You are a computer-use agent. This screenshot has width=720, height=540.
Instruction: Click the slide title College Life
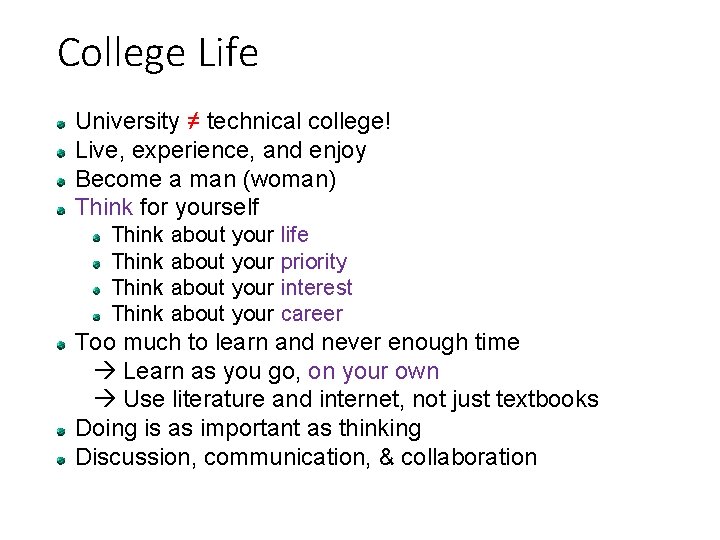[158, 52]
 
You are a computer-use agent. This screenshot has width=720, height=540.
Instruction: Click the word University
[125, 122]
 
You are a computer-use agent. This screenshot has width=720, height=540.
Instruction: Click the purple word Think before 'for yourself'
[104, 208]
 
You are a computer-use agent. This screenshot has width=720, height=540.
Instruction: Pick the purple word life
[295, 235]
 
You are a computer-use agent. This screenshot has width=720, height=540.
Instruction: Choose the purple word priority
[314, 262]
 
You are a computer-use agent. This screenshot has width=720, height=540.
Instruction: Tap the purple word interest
[316, 288]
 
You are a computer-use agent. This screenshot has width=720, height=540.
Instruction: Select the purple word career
[311, 314]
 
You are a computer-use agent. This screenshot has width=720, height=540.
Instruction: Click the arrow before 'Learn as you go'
[109, 372]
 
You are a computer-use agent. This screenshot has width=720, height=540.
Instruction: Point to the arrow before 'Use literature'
[109, 400]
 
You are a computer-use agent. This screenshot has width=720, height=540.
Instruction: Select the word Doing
[105, 429]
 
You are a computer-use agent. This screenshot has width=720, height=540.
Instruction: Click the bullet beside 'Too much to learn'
[62, 343]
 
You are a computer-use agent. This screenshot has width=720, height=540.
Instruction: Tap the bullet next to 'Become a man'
[62, 181]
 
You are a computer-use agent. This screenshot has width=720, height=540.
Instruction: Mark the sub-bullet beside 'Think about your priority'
[98, 263]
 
